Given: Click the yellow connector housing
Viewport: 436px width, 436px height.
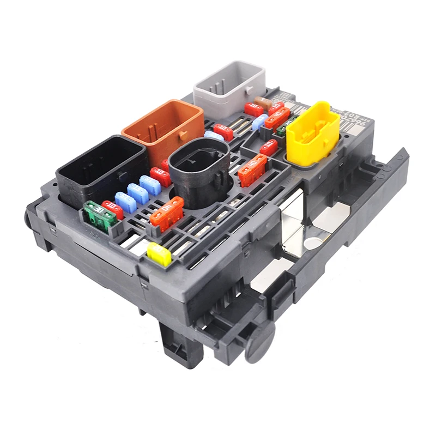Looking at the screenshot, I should tap(312, 134).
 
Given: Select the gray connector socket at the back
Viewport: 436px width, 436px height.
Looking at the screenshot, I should tap(229, 90).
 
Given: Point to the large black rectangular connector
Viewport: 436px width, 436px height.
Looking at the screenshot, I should tap(101, 168).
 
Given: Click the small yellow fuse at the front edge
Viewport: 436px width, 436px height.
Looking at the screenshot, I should tap(159, 254).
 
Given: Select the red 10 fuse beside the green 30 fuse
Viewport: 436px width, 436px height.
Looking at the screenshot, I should tap(113, 209).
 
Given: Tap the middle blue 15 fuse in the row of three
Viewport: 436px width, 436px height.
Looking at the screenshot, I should tap(137, 193).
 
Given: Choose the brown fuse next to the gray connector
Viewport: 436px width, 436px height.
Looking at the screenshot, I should tap(264, 102).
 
